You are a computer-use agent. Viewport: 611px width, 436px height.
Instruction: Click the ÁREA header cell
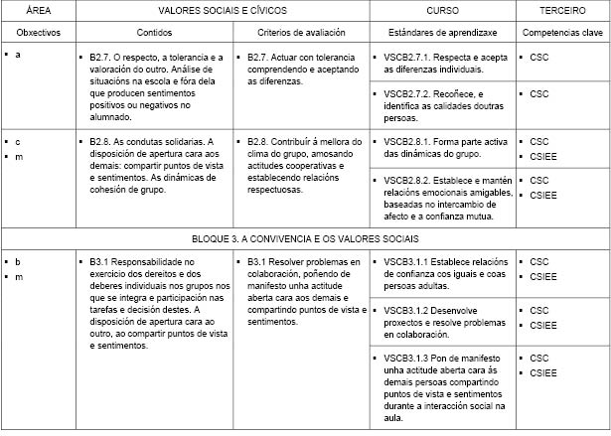(39, 9)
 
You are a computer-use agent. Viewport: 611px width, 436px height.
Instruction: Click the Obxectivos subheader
(39, 32)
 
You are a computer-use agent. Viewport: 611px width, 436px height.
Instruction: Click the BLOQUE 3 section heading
(305, 239)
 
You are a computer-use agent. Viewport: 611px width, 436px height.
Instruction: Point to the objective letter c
(19, 142)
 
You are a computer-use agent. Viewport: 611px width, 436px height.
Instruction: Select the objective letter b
(19, 262)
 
